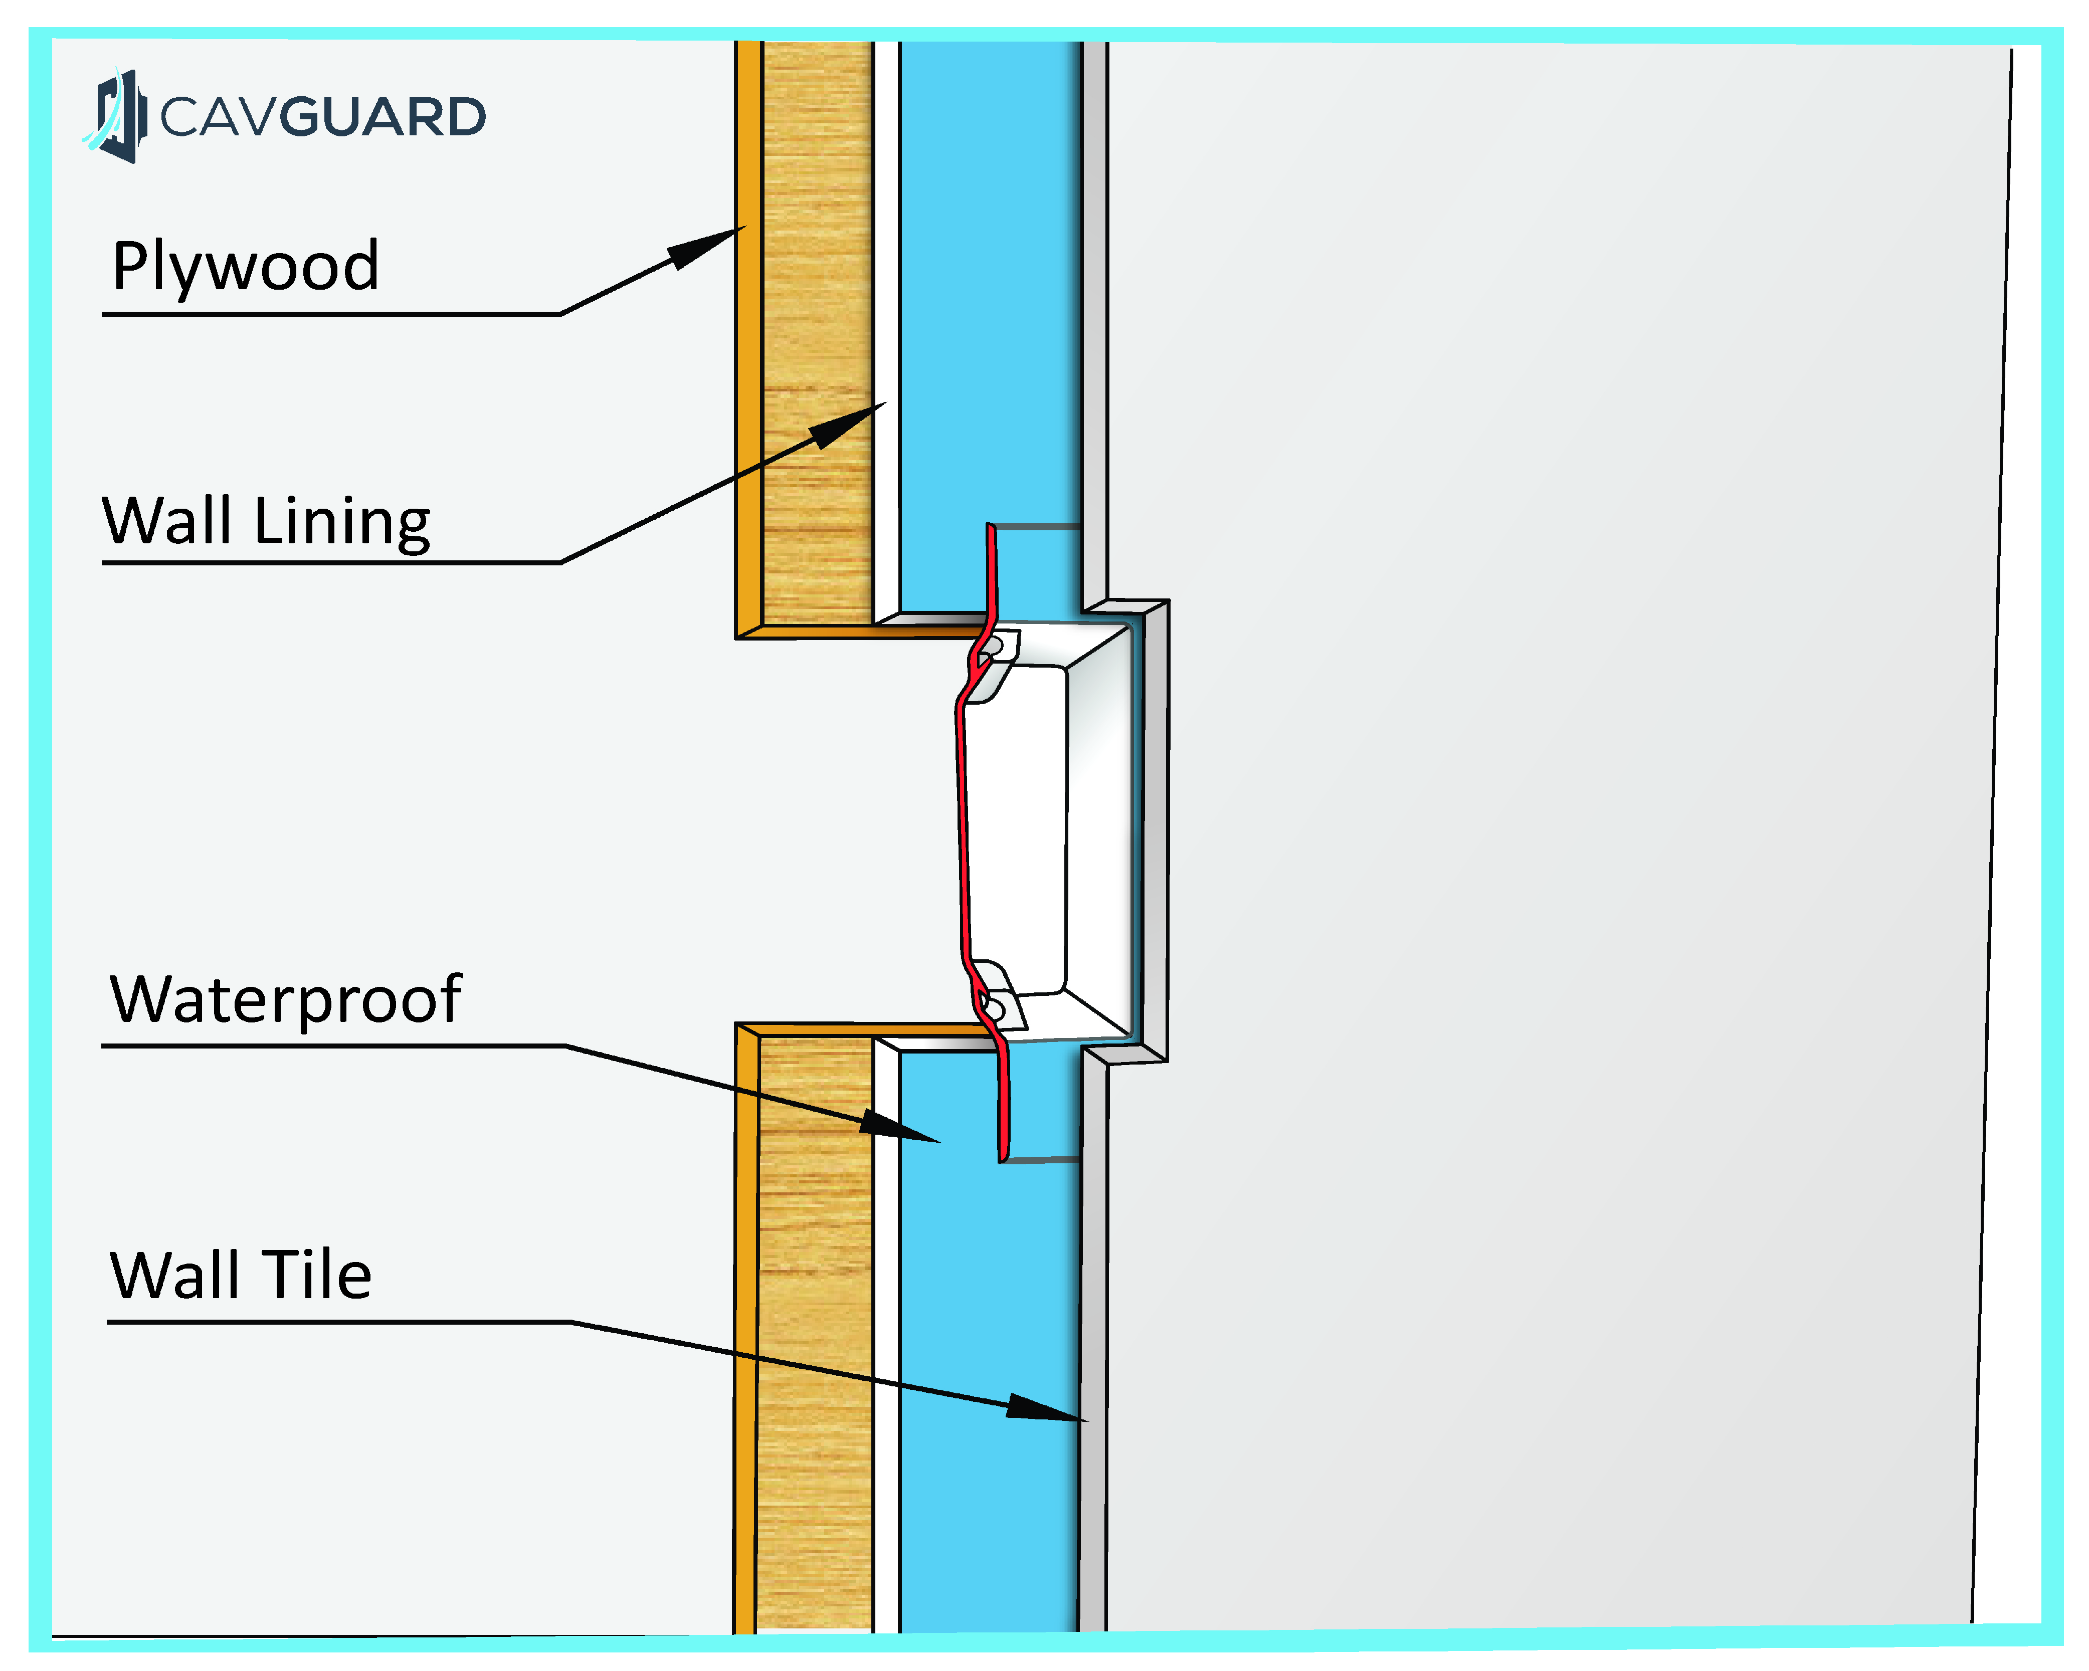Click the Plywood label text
pos(245,267)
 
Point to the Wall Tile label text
pos(240,1275)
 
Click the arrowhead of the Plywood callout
pos(707,247)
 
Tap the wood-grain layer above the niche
pos(817,329)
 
